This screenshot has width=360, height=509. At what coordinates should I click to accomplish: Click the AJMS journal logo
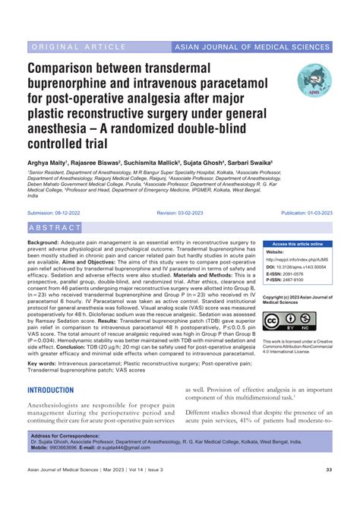click(314, 79)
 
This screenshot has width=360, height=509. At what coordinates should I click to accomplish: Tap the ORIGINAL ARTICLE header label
click(74, 48)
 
